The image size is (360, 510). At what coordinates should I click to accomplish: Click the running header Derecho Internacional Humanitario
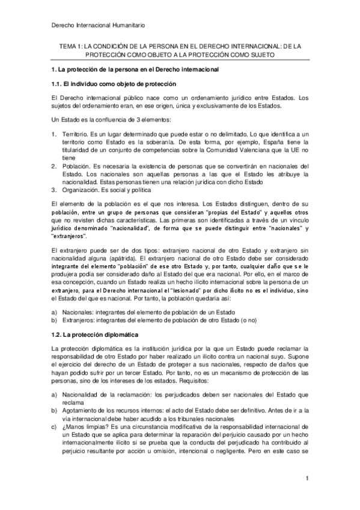96,25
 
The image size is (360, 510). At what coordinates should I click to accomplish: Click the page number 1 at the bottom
307,478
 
